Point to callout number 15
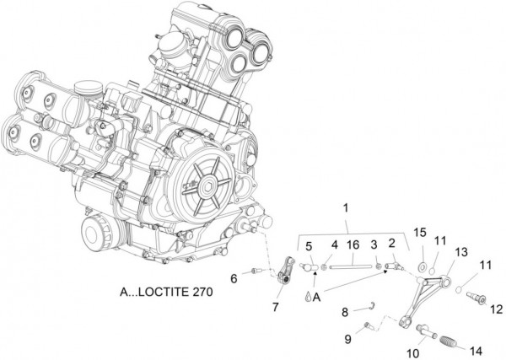(x=421, y=233)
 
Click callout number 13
(x=460, y=253)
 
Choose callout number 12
(x=496, y=309)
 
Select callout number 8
(x=345, y=313)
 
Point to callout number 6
(x=234, y=277)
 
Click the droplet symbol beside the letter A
(x=305, y=297)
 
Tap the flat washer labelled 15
(x=420, y=266)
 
